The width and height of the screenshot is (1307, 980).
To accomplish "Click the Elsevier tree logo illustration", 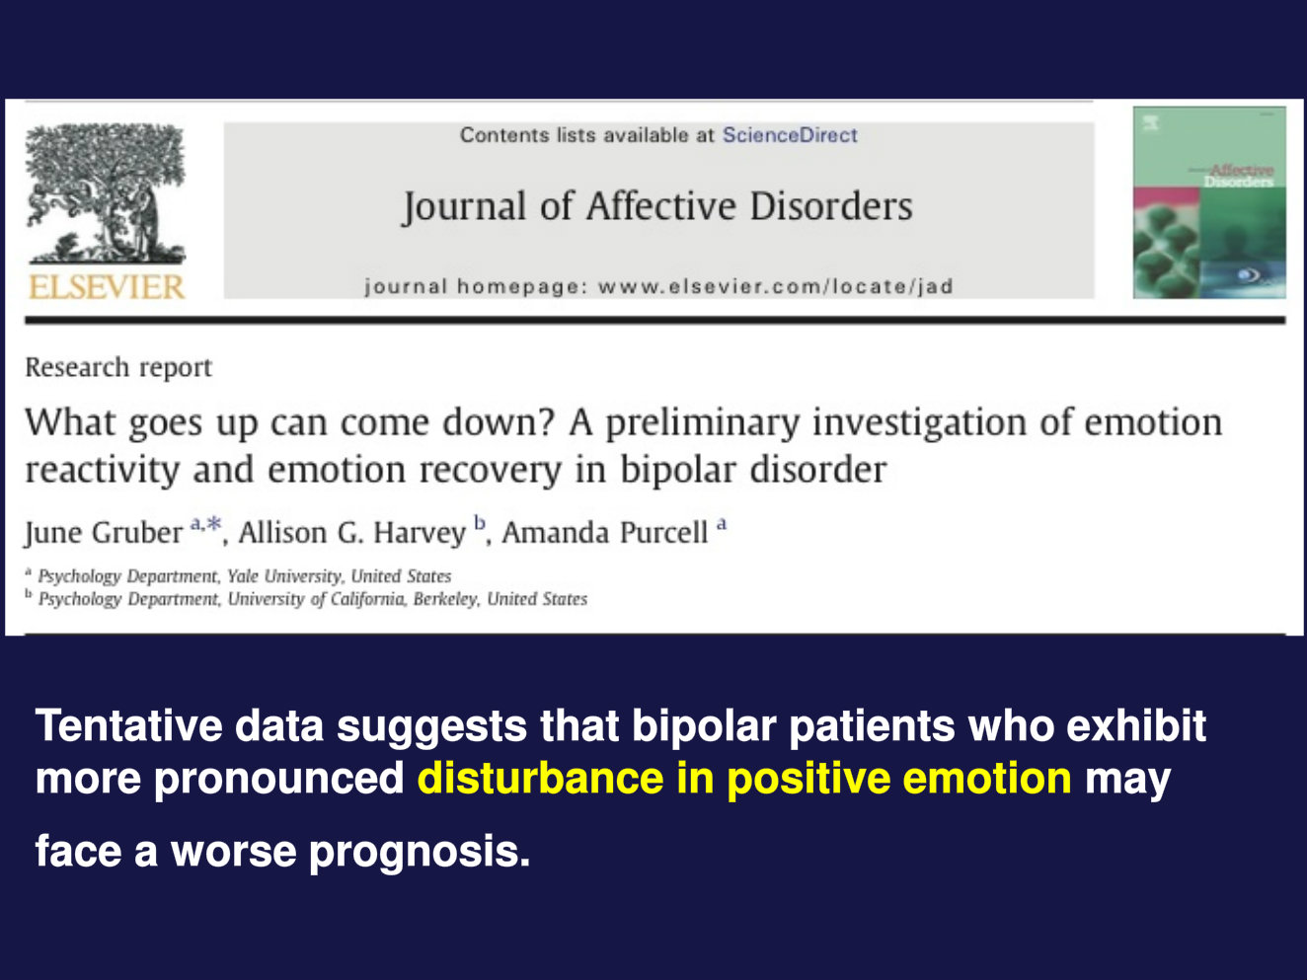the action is click(x=106, y=192).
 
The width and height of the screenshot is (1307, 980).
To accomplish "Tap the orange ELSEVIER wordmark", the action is click(x=107, y=287).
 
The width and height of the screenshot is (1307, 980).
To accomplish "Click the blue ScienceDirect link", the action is click(x=790, y=135).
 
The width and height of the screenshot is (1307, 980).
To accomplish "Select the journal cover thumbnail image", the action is click(x=1208, y=202).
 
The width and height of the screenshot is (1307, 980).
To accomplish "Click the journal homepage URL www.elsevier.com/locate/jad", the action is click(x=775, y=287).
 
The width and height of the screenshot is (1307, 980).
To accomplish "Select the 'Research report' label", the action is click(x=118, y=367).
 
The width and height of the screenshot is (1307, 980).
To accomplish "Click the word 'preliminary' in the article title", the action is click(x=703, y=423).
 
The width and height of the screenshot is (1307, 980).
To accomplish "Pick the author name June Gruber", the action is click(x=104, y=532).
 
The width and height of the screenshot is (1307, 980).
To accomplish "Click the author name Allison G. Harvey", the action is click(x=351, y=532).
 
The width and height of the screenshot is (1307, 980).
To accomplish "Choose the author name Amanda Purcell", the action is click(x=605, y=532).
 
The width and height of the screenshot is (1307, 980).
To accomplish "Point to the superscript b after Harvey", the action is click(x=480, y=522).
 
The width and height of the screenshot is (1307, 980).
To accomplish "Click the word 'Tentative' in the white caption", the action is click(x=128, y=726).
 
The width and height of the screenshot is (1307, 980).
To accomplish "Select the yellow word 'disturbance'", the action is click(x=540, y=779).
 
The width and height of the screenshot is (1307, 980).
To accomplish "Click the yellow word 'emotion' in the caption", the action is click(x=987, y=779).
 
